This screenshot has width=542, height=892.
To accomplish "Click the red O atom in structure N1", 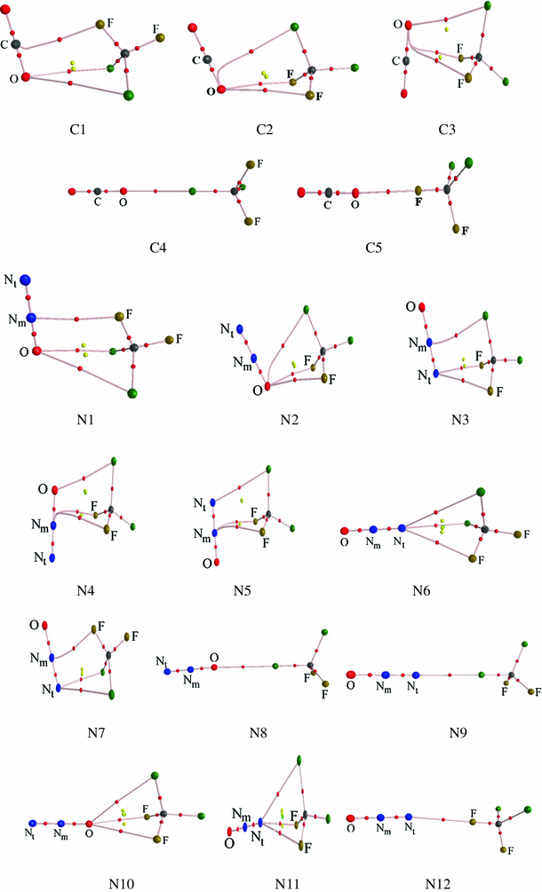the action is [x=36, y=351].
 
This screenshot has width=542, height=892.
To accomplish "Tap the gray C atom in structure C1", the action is [x=17, y=44].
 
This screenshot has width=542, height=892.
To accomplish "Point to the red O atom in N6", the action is [x=345, y=532].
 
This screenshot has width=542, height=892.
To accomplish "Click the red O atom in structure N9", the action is [x=352, y=675].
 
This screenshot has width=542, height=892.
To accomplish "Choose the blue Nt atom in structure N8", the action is [x=167, y=672].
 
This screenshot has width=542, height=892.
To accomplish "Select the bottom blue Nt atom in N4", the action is [x=53, y=558].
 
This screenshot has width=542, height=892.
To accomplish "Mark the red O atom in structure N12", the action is [x=351, y=817].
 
